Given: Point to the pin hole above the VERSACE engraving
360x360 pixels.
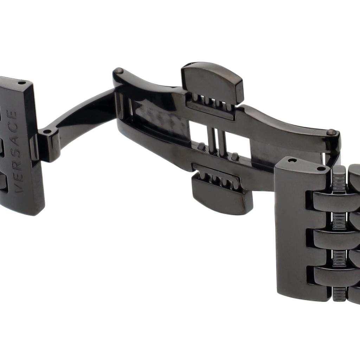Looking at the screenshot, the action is [x=22, y=83].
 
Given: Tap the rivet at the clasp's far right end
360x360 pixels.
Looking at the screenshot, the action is [x=331, y=132].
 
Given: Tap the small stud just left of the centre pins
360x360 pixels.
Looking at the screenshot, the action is [x=201, y=146].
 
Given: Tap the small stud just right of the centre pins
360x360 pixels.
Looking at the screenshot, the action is [x=234, y=157].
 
